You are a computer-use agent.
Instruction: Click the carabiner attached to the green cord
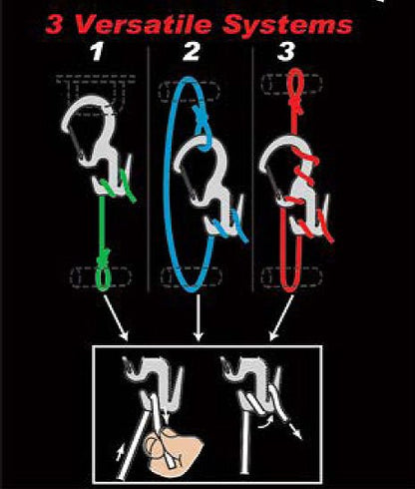coord(95,141)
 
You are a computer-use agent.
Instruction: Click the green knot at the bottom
coord(103,273)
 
